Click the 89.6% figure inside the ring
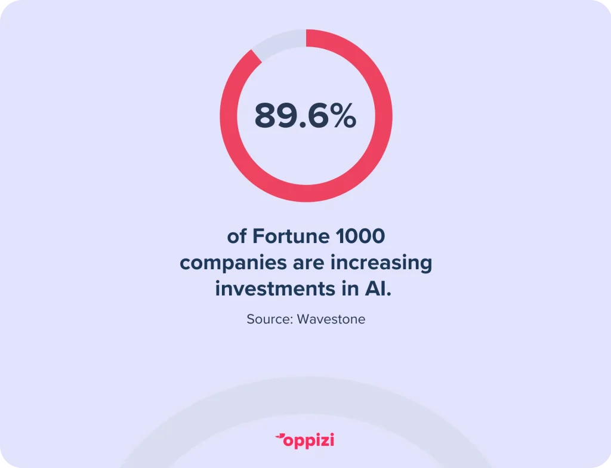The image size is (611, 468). coord(305,115)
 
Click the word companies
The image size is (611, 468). coord(232,263)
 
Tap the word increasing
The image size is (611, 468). coord(381,263)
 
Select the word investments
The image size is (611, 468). coord(275,289)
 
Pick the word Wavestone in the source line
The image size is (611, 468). coord(331,319)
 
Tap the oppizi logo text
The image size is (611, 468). coord(308,441)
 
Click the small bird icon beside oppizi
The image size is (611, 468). coord(280,437)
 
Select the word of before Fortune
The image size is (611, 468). coord(237,236)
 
